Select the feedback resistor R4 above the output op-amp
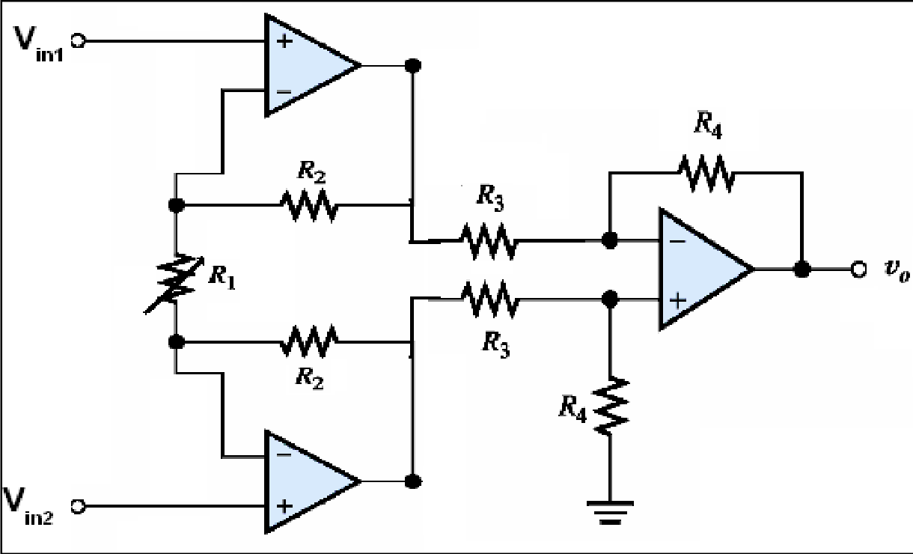coord(706,173)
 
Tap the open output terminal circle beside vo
coord(858,268)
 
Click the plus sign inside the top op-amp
coord(284,41)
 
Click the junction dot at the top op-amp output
coord(410,65)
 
